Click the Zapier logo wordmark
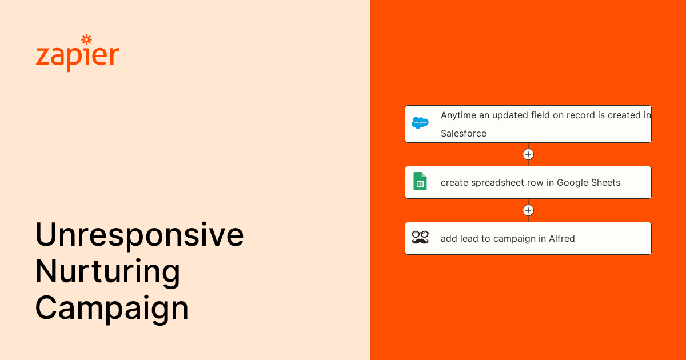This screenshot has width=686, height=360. [x=77, y=54]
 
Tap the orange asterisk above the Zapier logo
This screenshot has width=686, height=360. [x=87, y=39]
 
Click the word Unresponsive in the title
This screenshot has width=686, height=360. [x=139, y=234]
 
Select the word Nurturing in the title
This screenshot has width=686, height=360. [x=107, y=272]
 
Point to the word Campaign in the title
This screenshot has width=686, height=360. [x=112, y=308]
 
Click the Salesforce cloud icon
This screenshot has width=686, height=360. [x=420, y=123]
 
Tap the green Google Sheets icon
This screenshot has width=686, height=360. [x=420, y=181]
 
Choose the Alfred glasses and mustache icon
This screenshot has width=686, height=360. [x=420, y=238]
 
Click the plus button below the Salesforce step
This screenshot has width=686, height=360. [x=528, y=154]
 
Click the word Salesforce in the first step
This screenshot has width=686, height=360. [x=464, y=134]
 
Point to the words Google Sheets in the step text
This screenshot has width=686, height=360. [x=588, y=182]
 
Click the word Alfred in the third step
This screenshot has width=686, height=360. [x=561, y=238]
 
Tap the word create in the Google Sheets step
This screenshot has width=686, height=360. [x=454, y=183]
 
